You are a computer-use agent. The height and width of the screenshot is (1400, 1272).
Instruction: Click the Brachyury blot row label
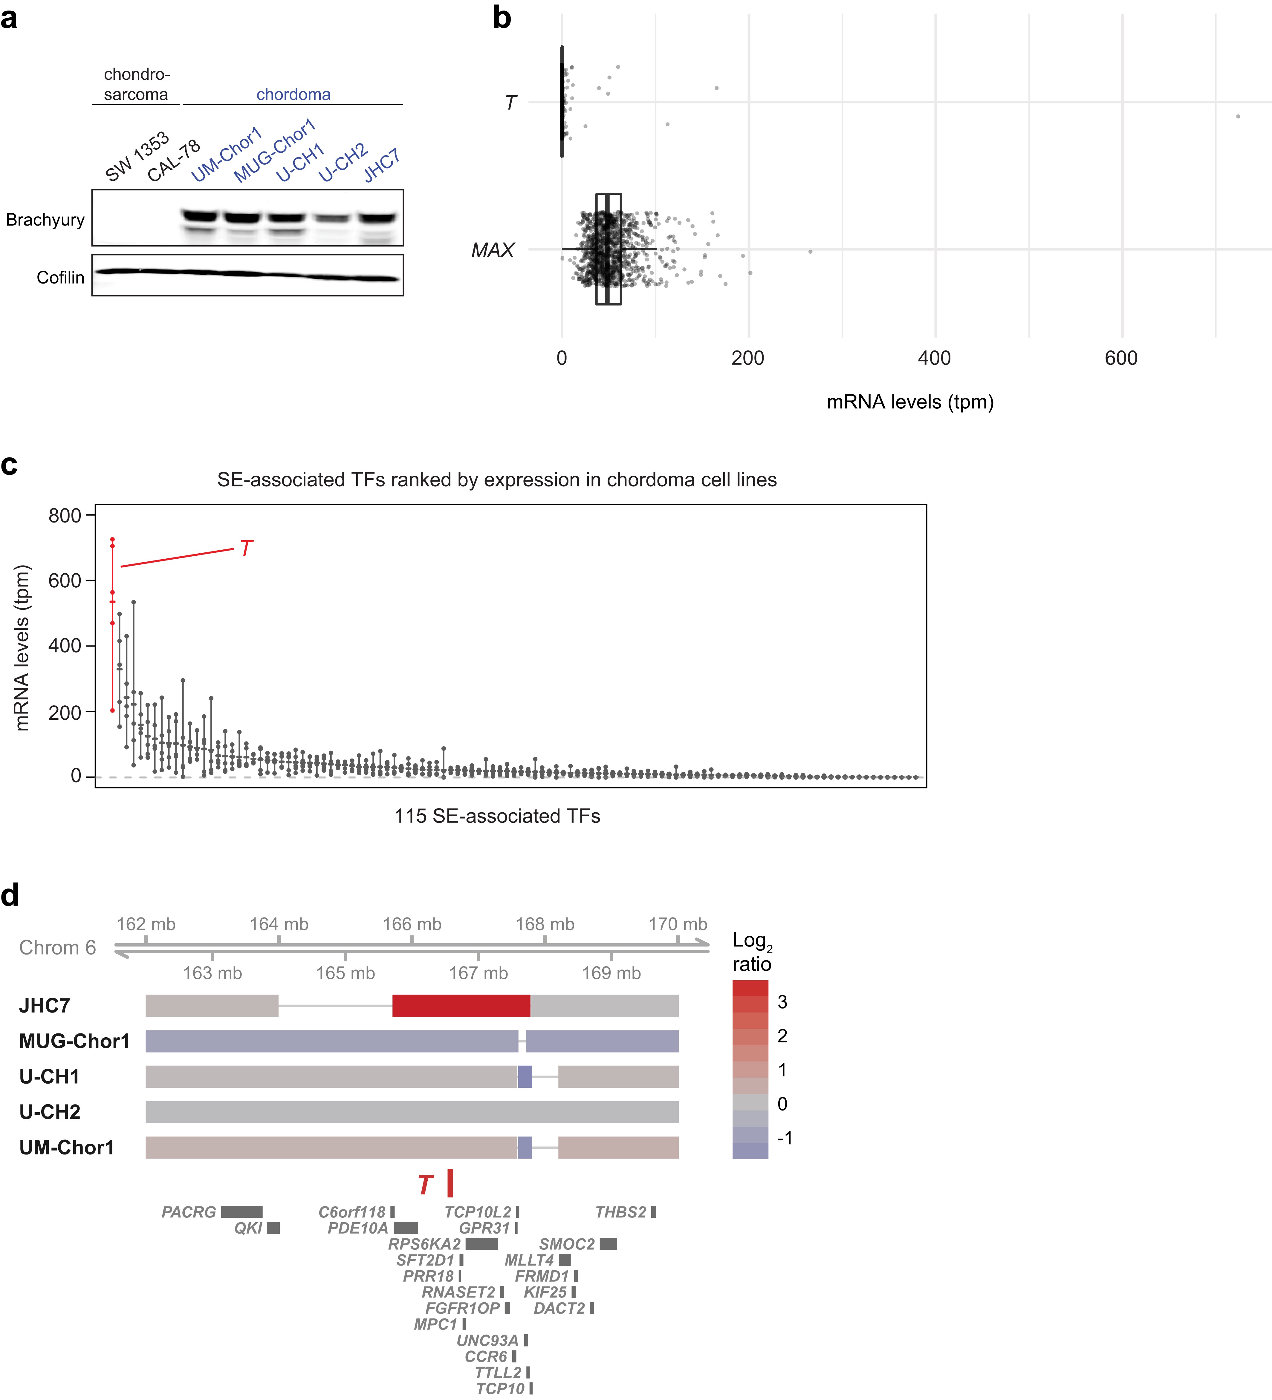[45, 220]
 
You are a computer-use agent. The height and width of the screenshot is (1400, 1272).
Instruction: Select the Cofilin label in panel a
[60, 278]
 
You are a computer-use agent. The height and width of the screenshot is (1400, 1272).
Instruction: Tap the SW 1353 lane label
[137, 156]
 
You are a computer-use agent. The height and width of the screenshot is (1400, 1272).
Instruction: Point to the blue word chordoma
[293, 94]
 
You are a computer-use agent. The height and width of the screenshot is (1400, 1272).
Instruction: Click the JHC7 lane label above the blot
[381, 165]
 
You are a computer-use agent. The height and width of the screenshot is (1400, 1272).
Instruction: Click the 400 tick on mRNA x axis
[934, 358]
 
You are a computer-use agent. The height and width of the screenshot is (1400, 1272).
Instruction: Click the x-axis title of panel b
[910, 402]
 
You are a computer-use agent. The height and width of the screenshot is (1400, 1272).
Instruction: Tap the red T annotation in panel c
[246, 549]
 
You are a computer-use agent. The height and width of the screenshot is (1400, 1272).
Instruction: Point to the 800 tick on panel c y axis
[65, 515]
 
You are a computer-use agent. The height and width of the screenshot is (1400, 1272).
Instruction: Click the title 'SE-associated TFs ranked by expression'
[497, 480]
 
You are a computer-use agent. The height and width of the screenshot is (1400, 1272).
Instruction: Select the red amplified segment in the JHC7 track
[461, 1006]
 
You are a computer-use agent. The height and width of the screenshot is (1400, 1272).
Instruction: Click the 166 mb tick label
[412, 924]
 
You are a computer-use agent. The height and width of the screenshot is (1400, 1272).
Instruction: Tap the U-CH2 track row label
[50, 1112]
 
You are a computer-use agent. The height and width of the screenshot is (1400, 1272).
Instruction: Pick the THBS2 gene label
[620, 1212]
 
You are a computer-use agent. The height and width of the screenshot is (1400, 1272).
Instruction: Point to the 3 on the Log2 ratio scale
[782, 1002]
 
